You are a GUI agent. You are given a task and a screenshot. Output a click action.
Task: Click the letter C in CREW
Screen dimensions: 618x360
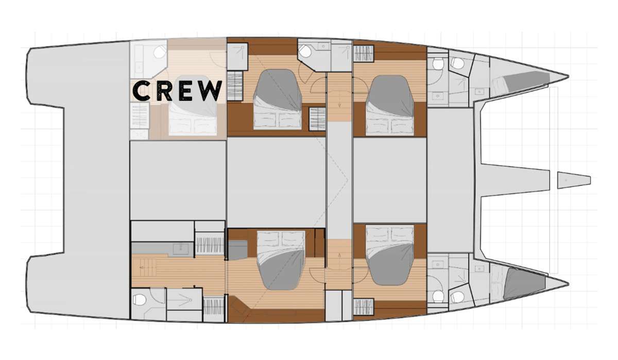141,91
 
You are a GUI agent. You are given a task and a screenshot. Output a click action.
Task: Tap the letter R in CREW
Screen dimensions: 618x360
165,91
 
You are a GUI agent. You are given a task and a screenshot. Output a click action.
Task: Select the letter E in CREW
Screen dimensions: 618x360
186,91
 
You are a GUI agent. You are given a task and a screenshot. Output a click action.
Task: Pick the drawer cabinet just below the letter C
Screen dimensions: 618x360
140,115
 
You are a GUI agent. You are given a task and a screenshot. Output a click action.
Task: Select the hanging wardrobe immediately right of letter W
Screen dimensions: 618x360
234,86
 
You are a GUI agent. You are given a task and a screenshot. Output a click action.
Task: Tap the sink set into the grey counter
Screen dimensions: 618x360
181,249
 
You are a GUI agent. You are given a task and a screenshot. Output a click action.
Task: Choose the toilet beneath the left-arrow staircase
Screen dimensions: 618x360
140,300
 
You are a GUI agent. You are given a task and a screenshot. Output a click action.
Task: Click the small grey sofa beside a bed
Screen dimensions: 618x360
238,250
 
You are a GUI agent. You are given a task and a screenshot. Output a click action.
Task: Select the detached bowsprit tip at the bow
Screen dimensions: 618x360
574,180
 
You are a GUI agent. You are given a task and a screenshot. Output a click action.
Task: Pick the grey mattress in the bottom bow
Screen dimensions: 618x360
524,283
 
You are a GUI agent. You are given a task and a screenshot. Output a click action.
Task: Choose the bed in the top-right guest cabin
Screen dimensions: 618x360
389,106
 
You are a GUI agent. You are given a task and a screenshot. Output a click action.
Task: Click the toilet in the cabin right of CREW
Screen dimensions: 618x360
305,52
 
